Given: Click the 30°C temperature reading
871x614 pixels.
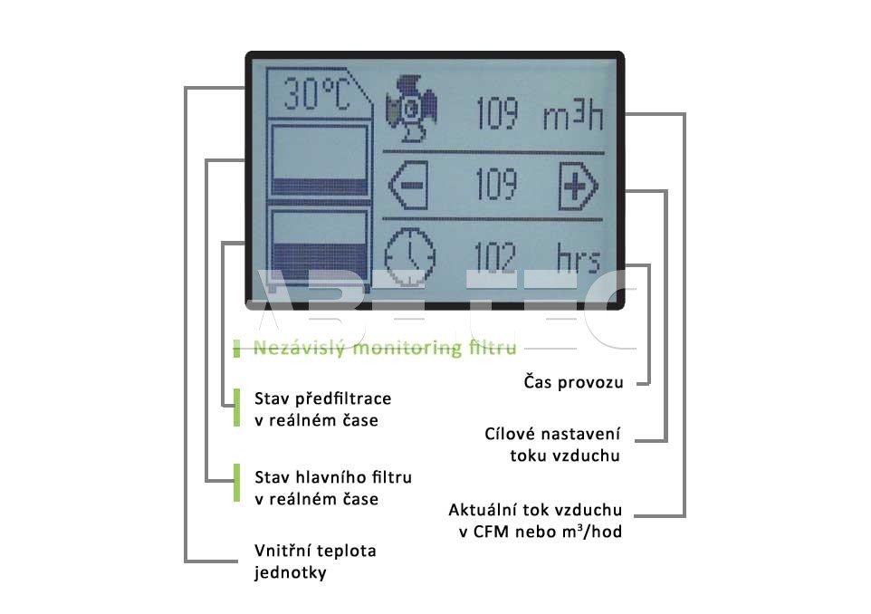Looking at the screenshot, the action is tap(317, 94).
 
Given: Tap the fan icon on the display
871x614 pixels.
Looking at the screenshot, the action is tap(412, 109).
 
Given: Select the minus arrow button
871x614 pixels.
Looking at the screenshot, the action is tap(408, 185).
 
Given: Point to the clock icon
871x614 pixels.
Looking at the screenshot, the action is tap(410, 256).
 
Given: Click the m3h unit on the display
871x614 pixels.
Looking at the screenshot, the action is tap(573, 115).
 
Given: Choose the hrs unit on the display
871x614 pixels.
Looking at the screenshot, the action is tap(579, 259).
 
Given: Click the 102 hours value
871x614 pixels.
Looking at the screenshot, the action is tap(495, 258).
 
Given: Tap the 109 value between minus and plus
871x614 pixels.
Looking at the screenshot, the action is tap(496, 184).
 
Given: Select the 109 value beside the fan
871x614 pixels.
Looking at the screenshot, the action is tap(498, 113).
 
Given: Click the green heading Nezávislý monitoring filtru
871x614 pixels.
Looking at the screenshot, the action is tap(385, 348).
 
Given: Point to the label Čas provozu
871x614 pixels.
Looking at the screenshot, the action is tap(573, 382).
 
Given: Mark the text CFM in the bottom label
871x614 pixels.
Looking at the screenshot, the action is tap(491, 532).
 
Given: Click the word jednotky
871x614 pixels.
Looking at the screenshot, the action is tap(291, 573).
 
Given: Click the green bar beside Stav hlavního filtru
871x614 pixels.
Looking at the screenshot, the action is tap(237, 484).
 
